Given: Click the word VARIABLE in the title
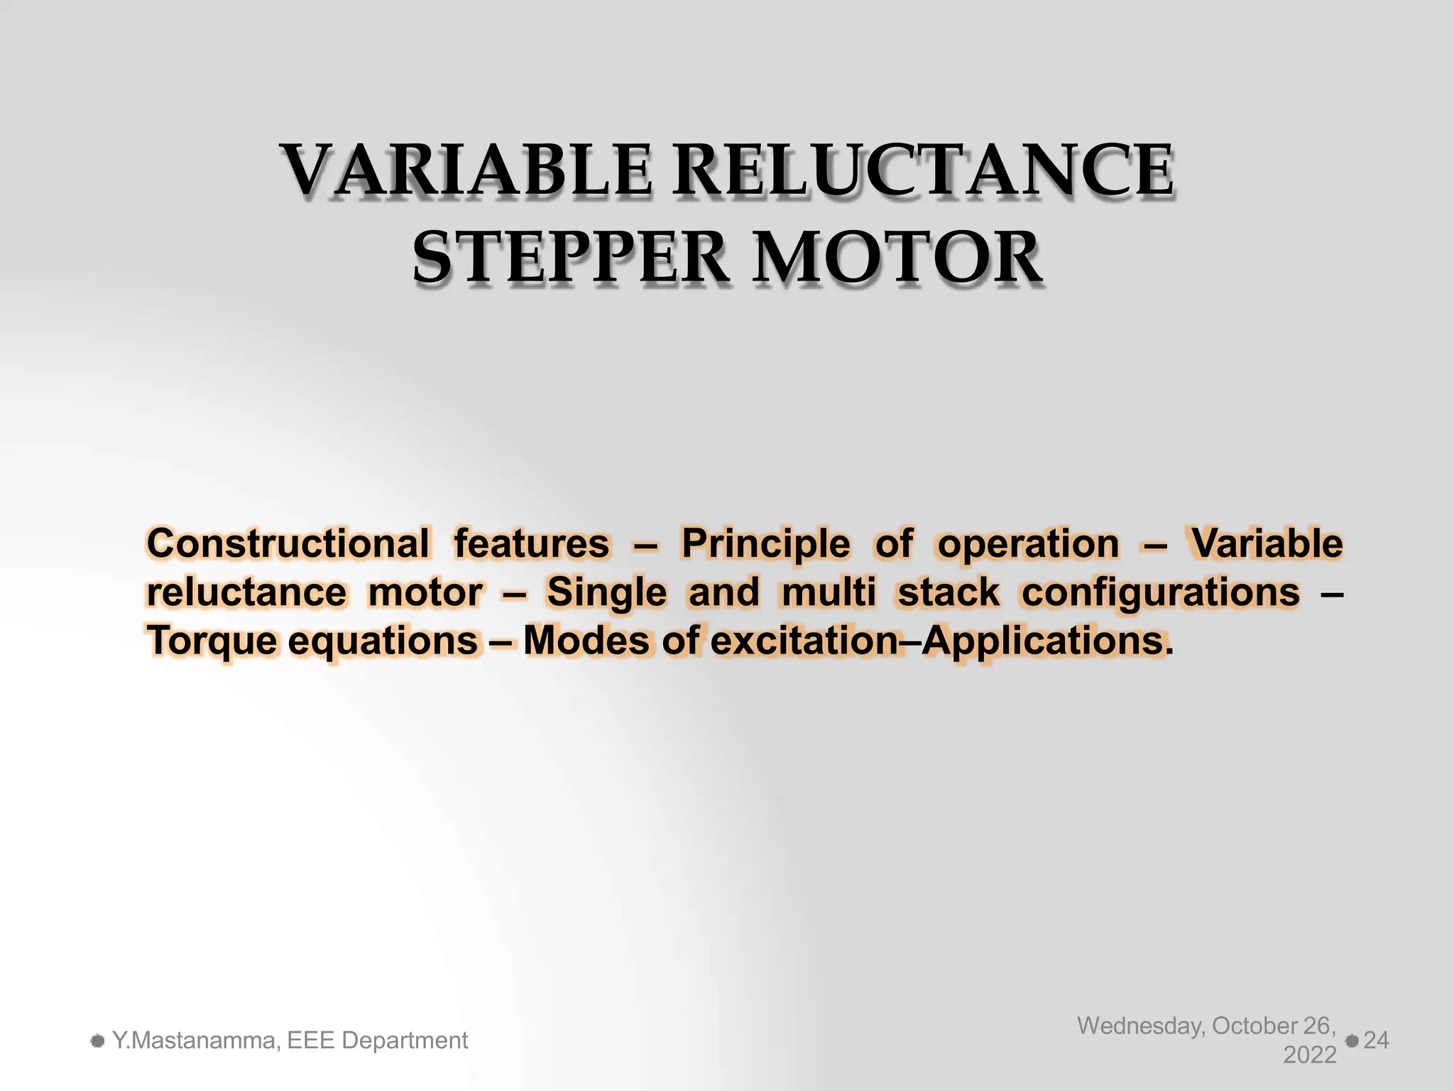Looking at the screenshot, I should click(x=465, y=170).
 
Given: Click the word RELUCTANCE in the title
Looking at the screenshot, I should click(x=922, y=170).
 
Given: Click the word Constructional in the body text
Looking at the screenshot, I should click(x=288, y=544).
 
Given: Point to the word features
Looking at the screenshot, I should click(x=532, y=544).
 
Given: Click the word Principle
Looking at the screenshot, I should click(x=765, y=544).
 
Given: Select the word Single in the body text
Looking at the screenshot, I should click(x=606, y=592).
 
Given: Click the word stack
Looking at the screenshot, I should click(x=949, y=592).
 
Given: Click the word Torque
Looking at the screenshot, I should click(x=212, y=641).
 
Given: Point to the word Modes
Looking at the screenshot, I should click(x=586, y=641).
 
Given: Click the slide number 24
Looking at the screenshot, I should click(x=1376, y=1041).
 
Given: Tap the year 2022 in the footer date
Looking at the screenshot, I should click(x=1310, y=1055).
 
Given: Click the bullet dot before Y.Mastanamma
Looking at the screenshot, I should click(x=98, y=1041).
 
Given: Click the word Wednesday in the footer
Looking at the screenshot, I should click(x=1141, y=1026).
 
